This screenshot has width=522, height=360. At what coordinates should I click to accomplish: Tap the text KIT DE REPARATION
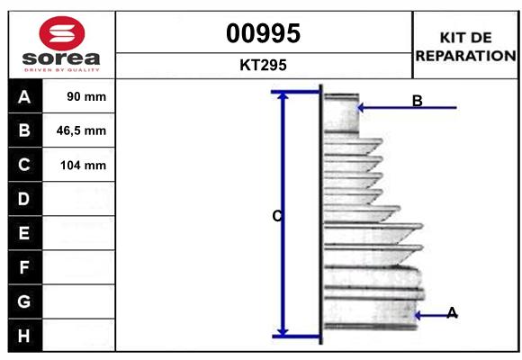[465, 46]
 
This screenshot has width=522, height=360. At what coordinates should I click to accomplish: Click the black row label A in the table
[24, 96]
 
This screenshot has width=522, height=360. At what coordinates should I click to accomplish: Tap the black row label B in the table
[24, 130]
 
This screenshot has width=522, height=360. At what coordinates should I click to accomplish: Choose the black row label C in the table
[24, 165]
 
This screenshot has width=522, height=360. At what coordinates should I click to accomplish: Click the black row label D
[24, 199]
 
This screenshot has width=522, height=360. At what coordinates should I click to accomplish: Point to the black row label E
[24, 233]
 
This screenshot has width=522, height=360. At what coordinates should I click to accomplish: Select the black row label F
[24, 267]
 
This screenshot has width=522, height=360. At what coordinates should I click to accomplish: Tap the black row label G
[24, 301]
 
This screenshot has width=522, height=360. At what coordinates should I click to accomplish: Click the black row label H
[24, 335]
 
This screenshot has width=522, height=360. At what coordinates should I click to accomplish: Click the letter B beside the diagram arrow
[417, 101]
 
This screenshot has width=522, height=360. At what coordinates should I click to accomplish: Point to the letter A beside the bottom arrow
[452, 312]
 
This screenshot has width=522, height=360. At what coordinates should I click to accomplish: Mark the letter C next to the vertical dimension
[277, 216]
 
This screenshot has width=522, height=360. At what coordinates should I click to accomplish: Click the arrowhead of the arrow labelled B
[362, 108]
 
